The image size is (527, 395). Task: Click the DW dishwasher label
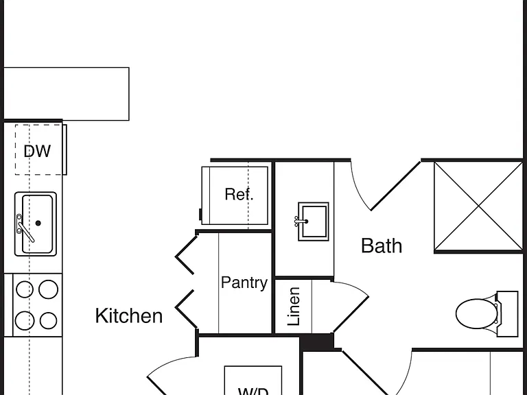37,151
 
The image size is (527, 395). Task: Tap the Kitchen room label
129,315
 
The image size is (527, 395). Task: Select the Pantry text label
244,283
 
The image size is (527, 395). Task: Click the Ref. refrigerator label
239,194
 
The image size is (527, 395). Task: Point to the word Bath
382,246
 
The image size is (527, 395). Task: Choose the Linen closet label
294,307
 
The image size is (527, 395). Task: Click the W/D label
253,392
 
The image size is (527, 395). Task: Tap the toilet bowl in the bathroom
476,313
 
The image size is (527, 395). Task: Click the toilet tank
508,313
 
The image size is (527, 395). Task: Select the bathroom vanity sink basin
314,222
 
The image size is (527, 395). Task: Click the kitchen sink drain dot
38,223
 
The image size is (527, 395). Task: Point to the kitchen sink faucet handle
26,232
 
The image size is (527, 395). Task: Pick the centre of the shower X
478,206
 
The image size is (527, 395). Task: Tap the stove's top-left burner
25,289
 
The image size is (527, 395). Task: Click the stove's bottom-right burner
48,320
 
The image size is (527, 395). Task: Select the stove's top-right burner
48,289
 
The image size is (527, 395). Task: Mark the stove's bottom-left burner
25,320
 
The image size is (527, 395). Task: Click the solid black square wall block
316,342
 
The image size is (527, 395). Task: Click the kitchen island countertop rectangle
66,94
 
